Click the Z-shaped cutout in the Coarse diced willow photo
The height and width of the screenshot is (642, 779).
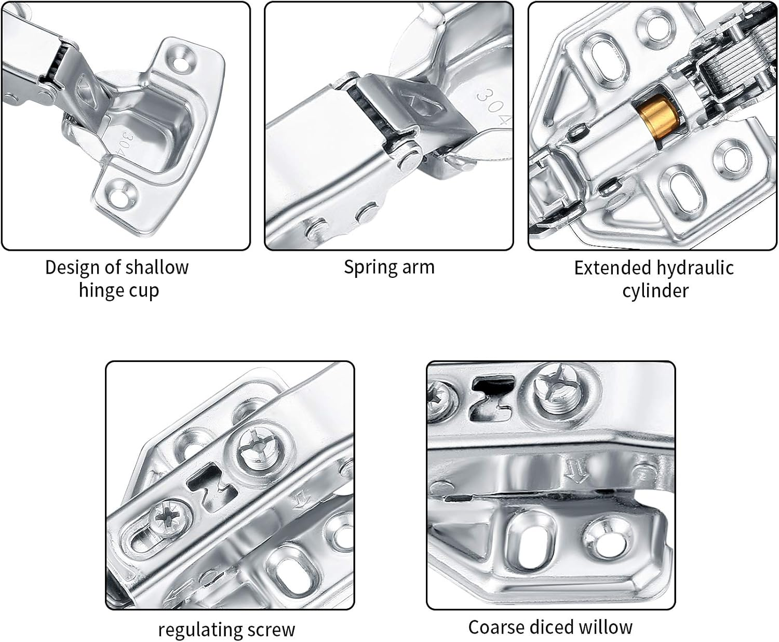pyautogui.click(x=490, y=397)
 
